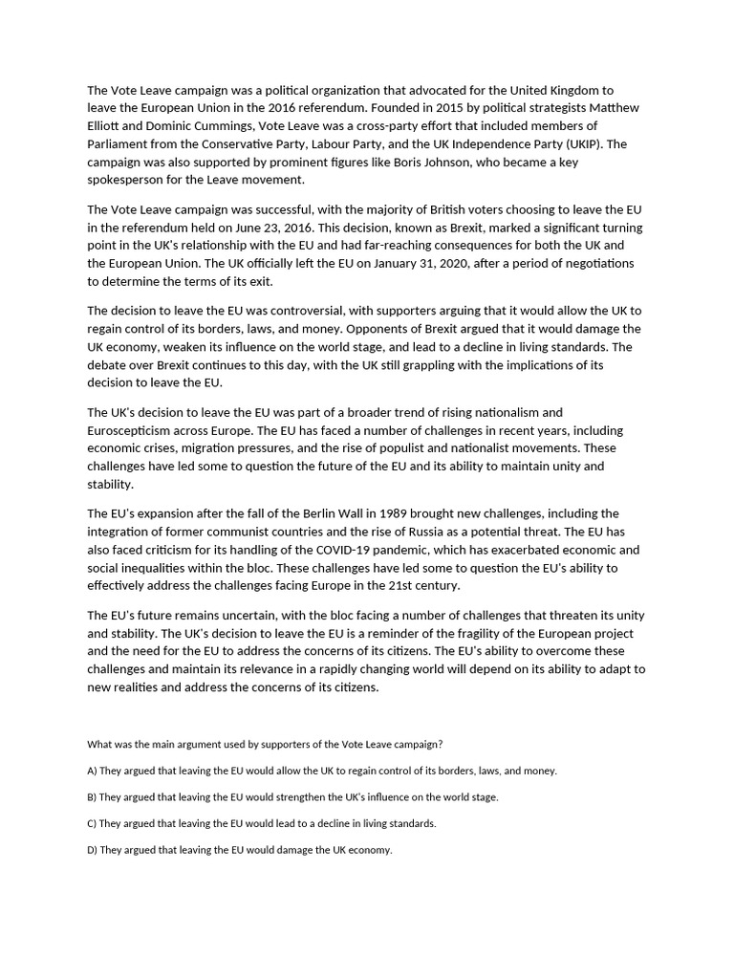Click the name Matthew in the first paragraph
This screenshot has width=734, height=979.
[x=615, y=108]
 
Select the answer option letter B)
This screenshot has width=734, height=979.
[x=92, y=797]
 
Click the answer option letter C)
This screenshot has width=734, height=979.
[x=92, y=823]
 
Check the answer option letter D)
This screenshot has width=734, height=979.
[x=93, y=850]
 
